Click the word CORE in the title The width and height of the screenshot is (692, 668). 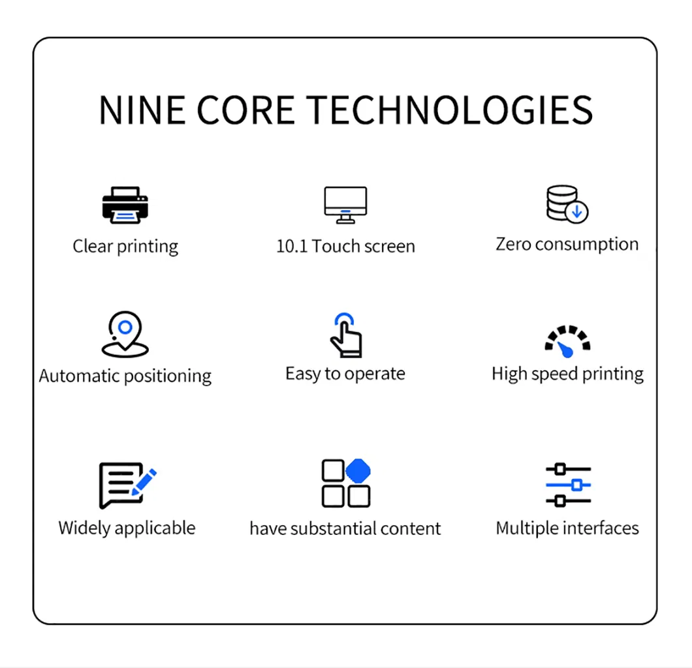(245, 110)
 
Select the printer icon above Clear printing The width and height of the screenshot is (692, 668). (125, 205)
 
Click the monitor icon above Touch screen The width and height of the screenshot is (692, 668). (345, 205)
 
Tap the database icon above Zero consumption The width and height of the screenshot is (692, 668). (567, 204)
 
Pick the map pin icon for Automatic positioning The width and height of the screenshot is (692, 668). (125, 334)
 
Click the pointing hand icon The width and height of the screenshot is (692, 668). (347, 335)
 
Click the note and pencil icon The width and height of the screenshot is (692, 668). (127, 485)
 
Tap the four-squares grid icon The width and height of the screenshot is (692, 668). (346, 483)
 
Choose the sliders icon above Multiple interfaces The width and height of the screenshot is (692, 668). (569, 485)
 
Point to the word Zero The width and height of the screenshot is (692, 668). (513, 244)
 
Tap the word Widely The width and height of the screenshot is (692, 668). (84, 528)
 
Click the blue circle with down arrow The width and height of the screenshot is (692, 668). (577, 213)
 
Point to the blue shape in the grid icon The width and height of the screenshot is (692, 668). (358, 471)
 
